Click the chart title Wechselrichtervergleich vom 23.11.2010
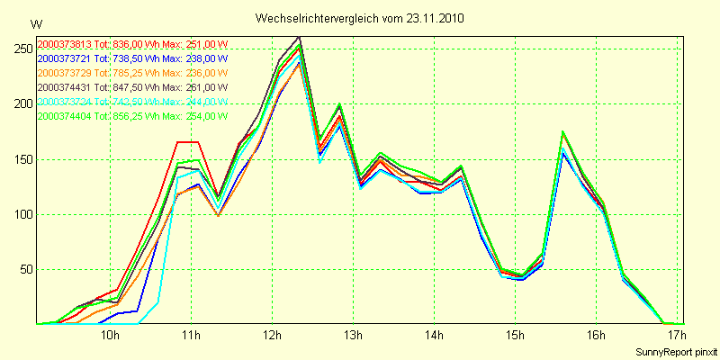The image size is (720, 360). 360,18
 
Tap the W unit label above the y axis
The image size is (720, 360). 35,23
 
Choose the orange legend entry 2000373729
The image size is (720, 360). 133,74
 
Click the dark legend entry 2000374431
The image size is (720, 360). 133,87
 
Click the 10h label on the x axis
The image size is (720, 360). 110,336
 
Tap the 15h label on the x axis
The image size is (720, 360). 515,336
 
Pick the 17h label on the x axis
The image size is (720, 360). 676,336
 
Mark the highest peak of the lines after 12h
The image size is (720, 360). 299,38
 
